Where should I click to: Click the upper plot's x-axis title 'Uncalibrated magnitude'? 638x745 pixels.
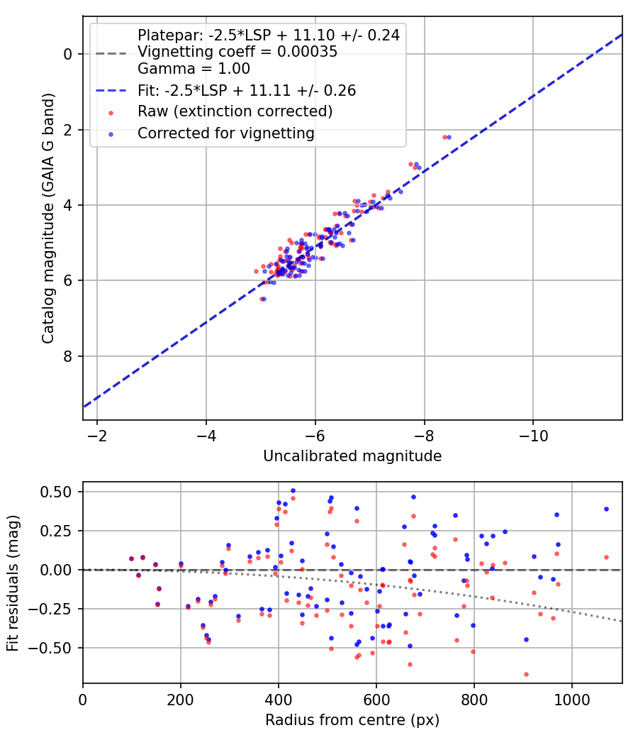click(x=352, y=456)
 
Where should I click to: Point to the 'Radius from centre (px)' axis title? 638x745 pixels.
click(x=352, y=720)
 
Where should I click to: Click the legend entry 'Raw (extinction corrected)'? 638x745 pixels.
click(x=235, y=111)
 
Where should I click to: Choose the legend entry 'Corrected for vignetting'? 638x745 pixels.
click(x=225, y=133)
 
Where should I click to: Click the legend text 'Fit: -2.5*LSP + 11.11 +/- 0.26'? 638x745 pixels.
click(x=246, y=90)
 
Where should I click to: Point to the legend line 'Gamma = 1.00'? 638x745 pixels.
click(x=194, y=69)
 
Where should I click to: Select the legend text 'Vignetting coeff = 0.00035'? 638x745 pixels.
click(x=237, y=52)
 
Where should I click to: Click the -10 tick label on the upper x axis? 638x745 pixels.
click(x=533, y=435)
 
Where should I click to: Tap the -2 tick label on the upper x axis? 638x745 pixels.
click(x=97, y=435)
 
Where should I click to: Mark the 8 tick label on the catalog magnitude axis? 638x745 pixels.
click(x=67, y=356)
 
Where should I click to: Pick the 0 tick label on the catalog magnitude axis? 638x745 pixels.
click(x=67, y=54)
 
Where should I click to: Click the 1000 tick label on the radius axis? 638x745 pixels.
click(x=571, y=699)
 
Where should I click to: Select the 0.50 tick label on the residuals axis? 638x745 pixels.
click(x=59, y=492)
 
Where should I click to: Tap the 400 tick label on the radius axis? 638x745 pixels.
click(x=278, y=699)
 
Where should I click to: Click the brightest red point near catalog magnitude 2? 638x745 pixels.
click(x=444, y=137)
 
